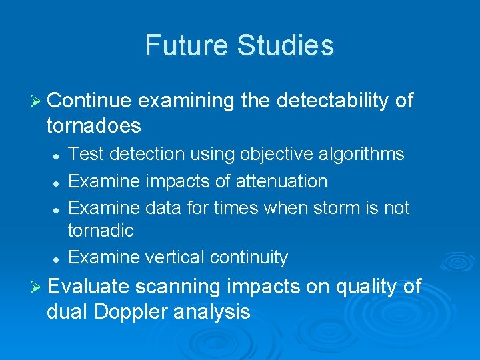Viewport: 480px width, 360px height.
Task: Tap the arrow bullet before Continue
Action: click(x=37, y=101)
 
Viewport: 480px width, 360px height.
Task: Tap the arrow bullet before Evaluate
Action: click(x=37, y=287)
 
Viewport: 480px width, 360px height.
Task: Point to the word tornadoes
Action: click(x=93, y=125)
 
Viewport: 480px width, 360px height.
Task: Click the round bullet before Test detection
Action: click(x=57, y=155)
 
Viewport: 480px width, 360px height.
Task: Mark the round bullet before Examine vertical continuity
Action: click(x=57, y=258)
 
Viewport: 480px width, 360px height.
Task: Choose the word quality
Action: click(x=363, y=287)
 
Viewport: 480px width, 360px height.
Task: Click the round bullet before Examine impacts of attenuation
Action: click(x=57, y=182)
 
